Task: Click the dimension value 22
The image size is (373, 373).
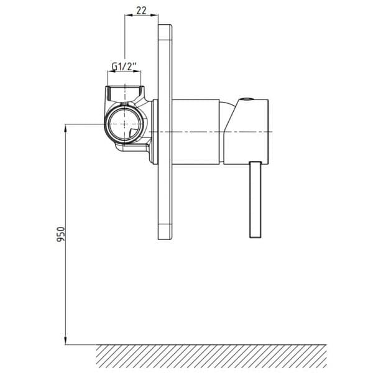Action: [x=141, y=10]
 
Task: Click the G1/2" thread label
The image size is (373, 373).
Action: [x=124, y=66]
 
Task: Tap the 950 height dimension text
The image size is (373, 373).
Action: [x=61, y=234]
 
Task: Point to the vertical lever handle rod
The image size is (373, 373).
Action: [x=256, y=200]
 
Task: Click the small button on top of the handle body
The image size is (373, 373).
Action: [x=246, y=99]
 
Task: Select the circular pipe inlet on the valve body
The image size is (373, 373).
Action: [x=125, y=124]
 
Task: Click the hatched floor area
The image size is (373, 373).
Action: [x=211, y=356]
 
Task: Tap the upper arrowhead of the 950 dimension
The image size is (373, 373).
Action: [x=66, y=129]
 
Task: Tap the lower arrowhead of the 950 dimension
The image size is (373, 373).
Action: [x=66, y=340]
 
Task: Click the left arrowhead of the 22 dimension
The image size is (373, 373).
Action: [x=129, y=15]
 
